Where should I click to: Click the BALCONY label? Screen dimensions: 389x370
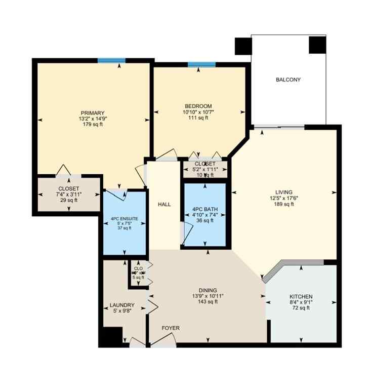[288, 80]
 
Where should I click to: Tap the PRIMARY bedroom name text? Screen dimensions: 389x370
[92, 112]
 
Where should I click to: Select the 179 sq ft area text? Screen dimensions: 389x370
[92, 125]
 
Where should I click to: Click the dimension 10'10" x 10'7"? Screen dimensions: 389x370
[197, 112]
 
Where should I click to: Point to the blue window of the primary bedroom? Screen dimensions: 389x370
[111, 60]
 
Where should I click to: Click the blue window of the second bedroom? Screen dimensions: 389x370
[201, 64]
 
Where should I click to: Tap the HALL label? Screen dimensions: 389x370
[164, 205]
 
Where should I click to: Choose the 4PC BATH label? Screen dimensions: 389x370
[204, 208]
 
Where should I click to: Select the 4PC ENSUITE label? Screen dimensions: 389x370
[125, 219]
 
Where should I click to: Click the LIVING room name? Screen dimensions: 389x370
[284, 192]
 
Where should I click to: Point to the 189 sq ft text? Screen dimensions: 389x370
[284, 204]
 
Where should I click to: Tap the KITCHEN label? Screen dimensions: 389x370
[301, 296]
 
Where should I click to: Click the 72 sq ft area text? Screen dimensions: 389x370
[301, 308]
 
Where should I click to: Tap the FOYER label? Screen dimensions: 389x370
[171, 328]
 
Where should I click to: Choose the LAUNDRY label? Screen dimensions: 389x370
[122, 305]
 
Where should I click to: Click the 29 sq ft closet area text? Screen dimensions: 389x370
[69, 201]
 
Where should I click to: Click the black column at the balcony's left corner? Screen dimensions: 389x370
[243, 47]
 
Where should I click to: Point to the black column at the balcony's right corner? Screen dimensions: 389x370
[317, 46]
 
